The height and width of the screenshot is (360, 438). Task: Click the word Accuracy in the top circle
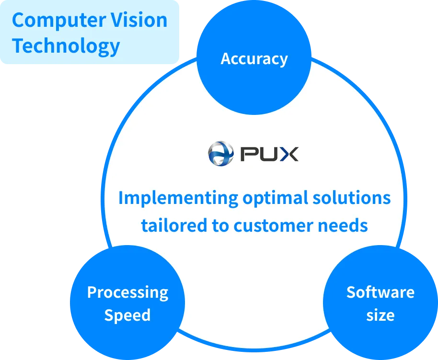[x=254, y=59]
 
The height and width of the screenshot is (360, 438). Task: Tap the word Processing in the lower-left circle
[x=127, y=292]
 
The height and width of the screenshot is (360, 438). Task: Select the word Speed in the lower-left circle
[x=127, y=315]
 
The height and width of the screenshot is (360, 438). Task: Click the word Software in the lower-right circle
[x=380, y=292]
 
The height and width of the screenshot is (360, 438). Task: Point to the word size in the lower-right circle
[x=380, y=315]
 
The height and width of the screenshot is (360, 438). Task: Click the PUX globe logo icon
[x=220, y=154]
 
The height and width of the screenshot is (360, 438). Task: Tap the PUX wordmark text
[x=269, y=154]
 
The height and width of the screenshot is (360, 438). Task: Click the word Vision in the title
[x=143, y=21]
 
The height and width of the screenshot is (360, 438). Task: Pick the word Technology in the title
[x=66, y=46]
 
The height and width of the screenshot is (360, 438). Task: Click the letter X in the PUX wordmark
[x=289, y=154]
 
